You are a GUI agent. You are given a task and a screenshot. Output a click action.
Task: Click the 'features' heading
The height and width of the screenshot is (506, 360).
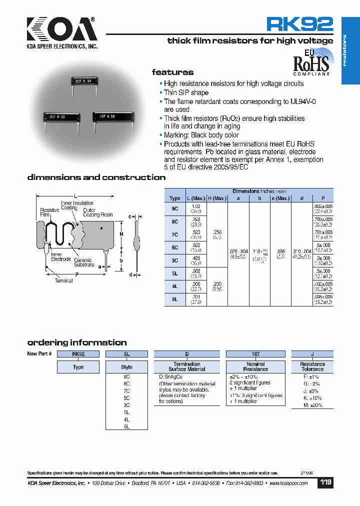[x=172, y=72]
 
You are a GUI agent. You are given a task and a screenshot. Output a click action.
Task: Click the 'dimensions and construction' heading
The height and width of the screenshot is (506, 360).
[x=96, y=177]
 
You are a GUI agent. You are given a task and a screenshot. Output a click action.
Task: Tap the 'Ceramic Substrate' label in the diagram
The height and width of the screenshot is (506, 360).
[x=83, y=262]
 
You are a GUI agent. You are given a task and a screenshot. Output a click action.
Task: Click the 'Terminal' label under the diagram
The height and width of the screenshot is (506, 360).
[x=64, y=281]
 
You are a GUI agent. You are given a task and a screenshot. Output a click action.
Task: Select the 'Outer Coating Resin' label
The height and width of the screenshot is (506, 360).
[x=97, y=212]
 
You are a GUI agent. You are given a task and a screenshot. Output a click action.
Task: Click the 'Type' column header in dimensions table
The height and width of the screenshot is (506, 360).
[x=174, y=198]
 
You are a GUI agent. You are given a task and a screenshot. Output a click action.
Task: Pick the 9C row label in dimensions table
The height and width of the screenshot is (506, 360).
[x=174, y=208]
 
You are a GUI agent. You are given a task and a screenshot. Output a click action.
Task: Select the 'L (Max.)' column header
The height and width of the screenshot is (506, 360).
[x=196, y=198]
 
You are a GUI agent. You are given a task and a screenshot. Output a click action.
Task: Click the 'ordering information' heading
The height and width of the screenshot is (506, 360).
[x=76, y=343]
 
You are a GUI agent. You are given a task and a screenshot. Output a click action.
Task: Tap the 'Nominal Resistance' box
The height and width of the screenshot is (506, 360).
[x=255, y=366]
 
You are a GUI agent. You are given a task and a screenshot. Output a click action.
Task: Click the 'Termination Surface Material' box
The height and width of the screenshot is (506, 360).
[x=186, y=366]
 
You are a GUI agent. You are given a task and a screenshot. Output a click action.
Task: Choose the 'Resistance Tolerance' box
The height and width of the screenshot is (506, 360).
[x=312, y=366]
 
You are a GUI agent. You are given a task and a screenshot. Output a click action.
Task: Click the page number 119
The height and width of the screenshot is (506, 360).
[x=325, y=483]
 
